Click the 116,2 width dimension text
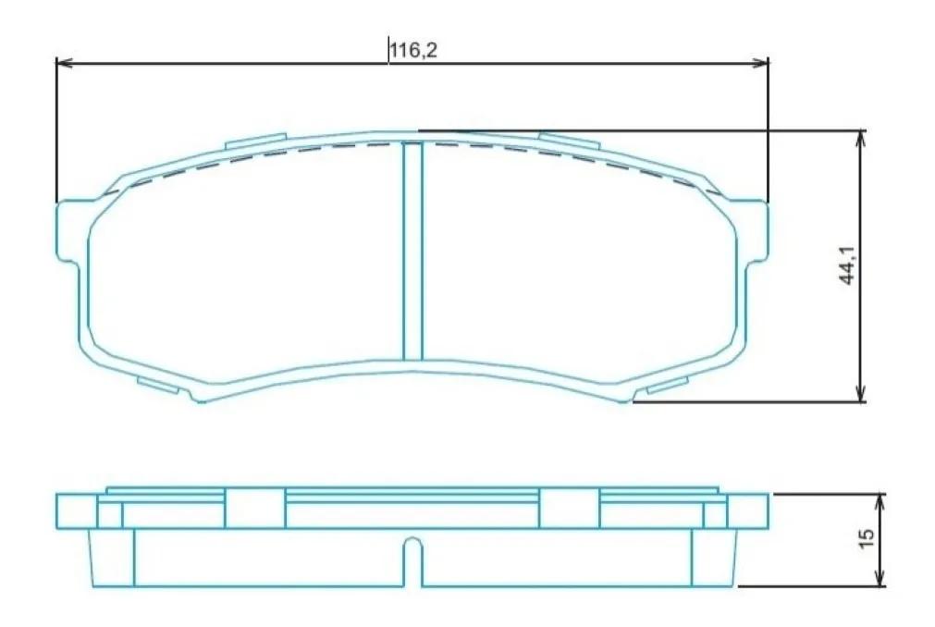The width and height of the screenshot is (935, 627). tap(412, 50)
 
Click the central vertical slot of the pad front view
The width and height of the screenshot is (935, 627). tap(413, 251)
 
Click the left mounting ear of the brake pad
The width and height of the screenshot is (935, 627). tap(68, 231)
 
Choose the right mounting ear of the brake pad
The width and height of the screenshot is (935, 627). tap(757, 231)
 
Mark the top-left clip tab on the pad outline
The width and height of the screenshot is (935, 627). tap(255, 141)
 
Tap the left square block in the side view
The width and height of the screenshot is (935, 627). tap(254, 508)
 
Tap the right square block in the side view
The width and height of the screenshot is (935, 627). tap(569, 508)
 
